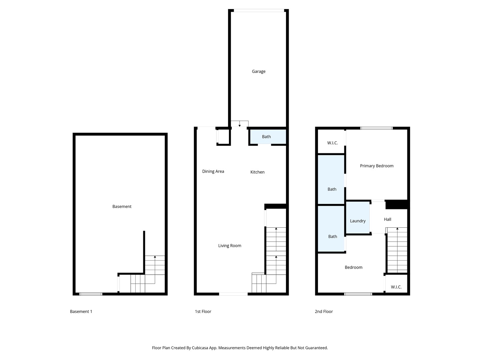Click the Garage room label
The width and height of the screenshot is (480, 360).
point(258,71)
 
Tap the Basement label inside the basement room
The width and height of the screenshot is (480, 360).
point(122,207)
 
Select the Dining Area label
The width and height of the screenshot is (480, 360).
point(213,171)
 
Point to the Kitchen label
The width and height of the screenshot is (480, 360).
point(257,172)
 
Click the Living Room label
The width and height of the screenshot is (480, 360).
point(230,246)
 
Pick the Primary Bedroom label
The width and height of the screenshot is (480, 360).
point(377,166)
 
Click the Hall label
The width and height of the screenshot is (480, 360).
point(387,219)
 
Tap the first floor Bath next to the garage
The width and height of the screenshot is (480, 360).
point(266,137)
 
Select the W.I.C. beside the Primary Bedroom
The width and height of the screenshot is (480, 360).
point(332,143)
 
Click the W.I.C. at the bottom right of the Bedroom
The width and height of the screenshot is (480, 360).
point(396,287)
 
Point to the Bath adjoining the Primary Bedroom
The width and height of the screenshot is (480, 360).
point(332,189)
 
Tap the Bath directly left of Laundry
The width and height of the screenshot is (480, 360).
point(332,237)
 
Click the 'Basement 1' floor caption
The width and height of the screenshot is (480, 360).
point(81,311)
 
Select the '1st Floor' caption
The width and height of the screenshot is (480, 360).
point(203,311)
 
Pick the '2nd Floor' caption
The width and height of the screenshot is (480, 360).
point(324,311)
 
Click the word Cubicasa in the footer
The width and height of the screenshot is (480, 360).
point(200,348)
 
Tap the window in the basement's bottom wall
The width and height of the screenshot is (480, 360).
point(91,294)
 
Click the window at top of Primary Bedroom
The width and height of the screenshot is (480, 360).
point(376,128)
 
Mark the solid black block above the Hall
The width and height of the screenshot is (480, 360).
point(396,204)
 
